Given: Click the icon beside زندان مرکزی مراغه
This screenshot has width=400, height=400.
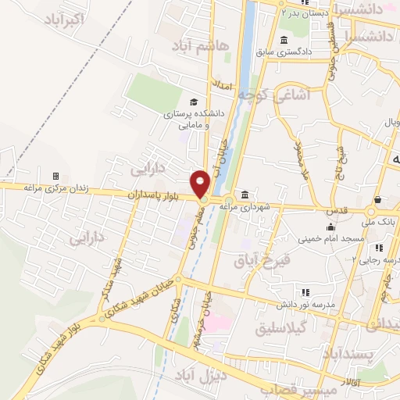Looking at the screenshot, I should pos(55,176).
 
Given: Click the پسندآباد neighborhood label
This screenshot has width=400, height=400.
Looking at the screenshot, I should pos(375,355).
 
